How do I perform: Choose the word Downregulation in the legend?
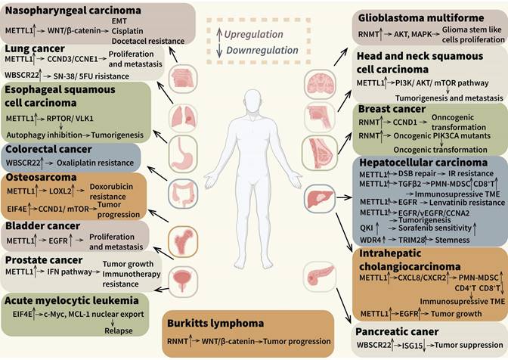260,51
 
